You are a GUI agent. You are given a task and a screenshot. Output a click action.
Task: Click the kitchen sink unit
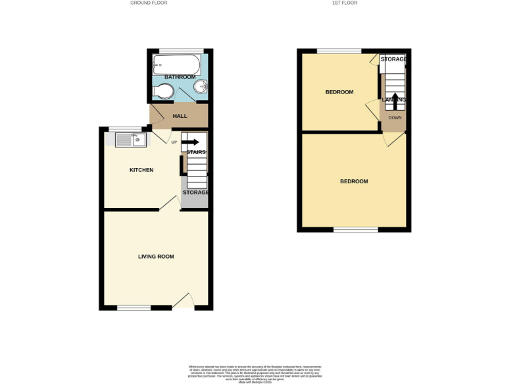pos(130,140)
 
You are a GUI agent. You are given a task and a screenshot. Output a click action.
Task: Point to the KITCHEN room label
pos(141,170)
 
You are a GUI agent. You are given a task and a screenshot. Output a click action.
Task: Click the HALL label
pos(180,116)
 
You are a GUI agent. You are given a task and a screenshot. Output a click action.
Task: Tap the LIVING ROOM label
pos(156,256)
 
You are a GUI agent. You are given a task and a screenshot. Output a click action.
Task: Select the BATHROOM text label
pos(180,77)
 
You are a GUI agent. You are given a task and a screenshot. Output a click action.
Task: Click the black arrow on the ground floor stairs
pos(191,142)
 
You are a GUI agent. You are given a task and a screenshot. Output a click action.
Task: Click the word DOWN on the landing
pos(395,118)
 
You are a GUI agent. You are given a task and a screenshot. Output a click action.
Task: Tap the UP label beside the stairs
pos(175,142)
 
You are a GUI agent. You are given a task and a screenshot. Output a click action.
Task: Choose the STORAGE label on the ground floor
pos(196,193)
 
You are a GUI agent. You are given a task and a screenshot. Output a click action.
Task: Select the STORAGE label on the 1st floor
pos(393,59)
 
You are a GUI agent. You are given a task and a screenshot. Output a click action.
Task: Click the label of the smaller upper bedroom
pos(339,92)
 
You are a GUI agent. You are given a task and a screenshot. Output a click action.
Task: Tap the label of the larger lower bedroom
pos(353,181)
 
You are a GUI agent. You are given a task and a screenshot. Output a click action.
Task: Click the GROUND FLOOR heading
pos(149,3)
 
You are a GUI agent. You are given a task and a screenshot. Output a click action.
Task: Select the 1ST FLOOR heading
pos(345,3)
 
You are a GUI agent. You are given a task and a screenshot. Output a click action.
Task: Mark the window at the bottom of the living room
pos(135,308)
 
